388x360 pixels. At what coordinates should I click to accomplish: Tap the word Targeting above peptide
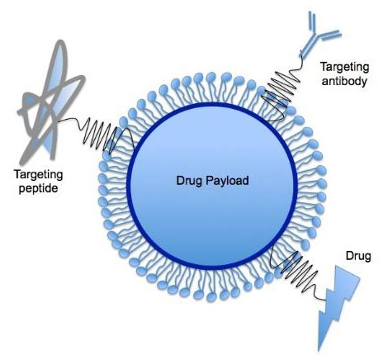coord(38,175)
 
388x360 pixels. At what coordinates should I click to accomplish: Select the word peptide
coord(38,189)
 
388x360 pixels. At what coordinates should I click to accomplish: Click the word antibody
coord(344,81)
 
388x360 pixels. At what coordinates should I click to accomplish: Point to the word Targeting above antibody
coord(344,68)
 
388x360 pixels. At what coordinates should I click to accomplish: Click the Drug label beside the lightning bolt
coord(358,256)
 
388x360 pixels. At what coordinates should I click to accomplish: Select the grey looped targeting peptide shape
coord(51,99)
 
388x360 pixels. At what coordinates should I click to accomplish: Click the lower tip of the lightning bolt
coord(319,350)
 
